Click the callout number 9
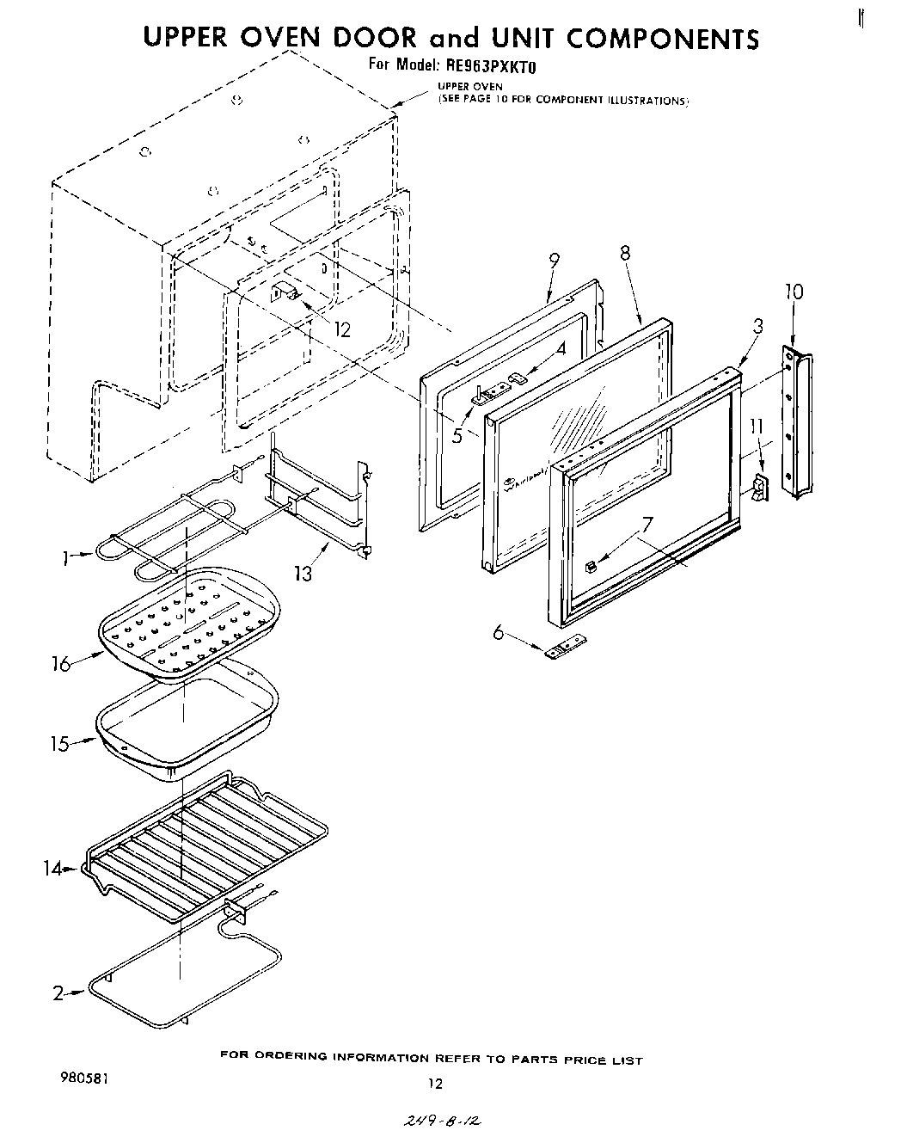[554, 261]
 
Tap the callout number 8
[624, 253]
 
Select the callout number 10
[793, 292]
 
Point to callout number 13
[303, 572]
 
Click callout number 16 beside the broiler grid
[60, 665]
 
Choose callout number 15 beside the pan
[59, 744]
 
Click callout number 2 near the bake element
[58, 994]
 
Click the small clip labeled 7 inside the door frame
[591, 566]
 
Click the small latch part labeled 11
[759, 489]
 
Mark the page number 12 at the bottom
[436, 1084]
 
